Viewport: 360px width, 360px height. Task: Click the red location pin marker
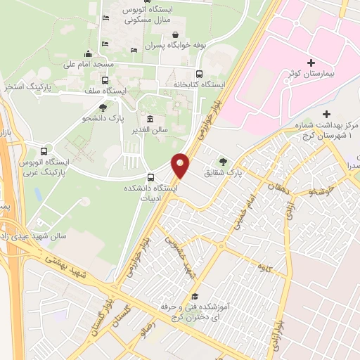pyautogui.click(x=181, y=166)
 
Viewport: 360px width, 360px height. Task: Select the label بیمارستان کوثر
pyautogui.click(x=317, y=74)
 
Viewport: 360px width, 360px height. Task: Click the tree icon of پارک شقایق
pyautogui.click(x=224, y=161)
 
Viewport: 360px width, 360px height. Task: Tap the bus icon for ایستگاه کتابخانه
pyautogui.click(x=199, y=74)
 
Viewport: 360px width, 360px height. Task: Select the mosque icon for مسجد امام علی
pyautogui.click(x=87, y=53)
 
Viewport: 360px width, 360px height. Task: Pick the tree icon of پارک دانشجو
pyautogui.click(x=103, y=108)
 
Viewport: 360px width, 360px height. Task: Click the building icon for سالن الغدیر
pyautogui.click(x=149, y=118)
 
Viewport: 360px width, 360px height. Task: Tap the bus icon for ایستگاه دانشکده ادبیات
pyautogui.click(x=150, y=177)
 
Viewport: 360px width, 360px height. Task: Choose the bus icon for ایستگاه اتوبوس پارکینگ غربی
pyautogui.click(x=46, y=150)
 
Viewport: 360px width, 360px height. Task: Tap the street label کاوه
pyautogui.click(x=264, y=266)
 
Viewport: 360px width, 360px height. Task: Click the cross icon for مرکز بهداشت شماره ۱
pyautogui.click(x=325, y=114)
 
